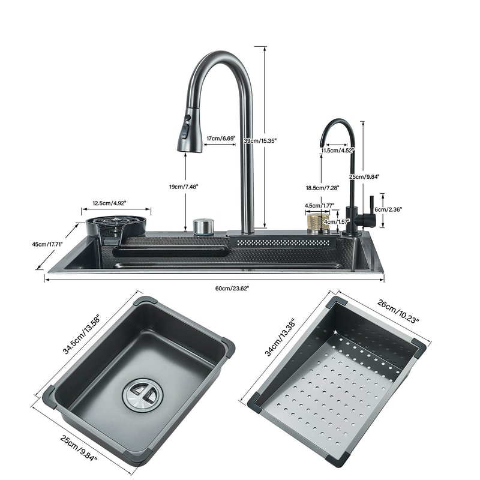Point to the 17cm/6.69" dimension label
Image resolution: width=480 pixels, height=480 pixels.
point(221,139)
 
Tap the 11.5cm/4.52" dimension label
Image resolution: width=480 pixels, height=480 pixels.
point(338,150)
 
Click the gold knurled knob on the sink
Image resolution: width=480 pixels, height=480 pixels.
point(317,223)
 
